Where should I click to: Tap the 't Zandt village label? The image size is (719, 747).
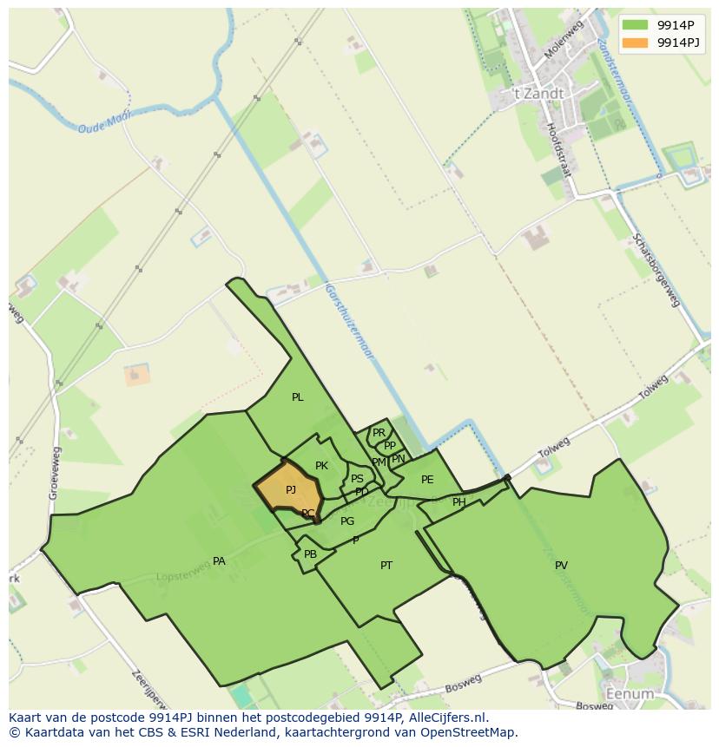pyautogui.click(x=538, y=94)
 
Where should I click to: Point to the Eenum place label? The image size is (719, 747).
pyautogui.click(x=630, y=694)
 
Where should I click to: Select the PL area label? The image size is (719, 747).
pyautogui.click(x=298, y=397)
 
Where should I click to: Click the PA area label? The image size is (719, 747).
pyautogui.click(x=219, y=561)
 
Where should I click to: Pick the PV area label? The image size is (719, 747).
pyautogui.click(x=561, y=566)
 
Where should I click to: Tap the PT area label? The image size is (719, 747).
pyautogui.click(x=386, y=566)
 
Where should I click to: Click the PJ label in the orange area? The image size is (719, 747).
pyautogui.click(x=291, y=490)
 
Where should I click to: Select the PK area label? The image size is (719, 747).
pyautogui.click(x=321, y=466)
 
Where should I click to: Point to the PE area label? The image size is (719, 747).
pyautogui.click(x=427, y=480)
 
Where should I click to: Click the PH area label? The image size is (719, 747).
pyautogui.click(x=458, y=502)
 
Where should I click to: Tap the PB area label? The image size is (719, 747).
pyautogui.click(x=310, y=554)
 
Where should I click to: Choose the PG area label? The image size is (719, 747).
pyautogui.click(x=347, y=521)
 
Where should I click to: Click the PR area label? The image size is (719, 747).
pyautogui.click(x=379, y=432)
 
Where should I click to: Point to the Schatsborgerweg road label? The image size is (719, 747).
pyautogui.click(x=656, y=269)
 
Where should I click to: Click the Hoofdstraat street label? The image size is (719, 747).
pyautogui.click(x=558, y=149)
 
